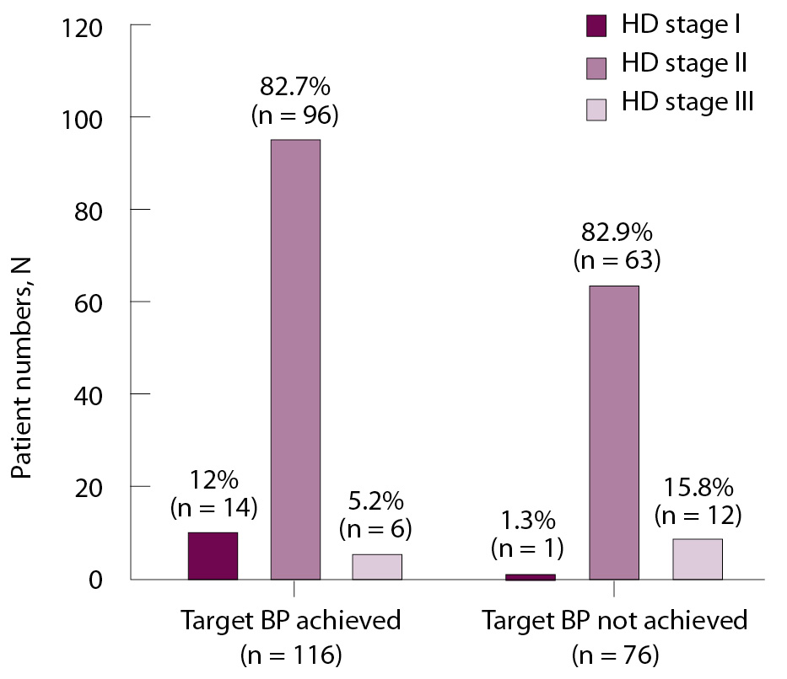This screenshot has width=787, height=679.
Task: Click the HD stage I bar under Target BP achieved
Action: click(213, 556)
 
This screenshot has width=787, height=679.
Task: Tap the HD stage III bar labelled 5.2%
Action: click(376, 567)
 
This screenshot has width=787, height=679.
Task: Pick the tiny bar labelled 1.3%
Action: click(531, 577)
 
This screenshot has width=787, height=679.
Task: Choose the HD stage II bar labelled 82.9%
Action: click(613, 433)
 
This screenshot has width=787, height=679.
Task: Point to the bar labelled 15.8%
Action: click(697, 559)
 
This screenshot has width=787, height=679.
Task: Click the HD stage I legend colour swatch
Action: click(597, 26)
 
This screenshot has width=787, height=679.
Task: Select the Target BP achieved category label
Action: click(290, 622)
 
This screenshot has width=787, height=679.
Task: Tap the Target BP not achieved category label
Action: click(615, 622)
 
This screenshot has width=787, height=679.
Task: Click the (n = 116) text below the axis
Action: click(291, 655)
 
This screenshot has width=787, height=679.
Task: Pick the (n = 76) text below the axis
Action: click(615, 655)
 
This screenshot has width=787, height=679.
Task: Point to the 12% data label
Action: click(213, 481)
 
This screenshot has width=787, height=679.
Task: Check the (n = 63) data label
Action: click(616, 260)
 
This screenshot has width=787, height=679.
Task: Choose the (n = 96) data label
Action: click(295, 114)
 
